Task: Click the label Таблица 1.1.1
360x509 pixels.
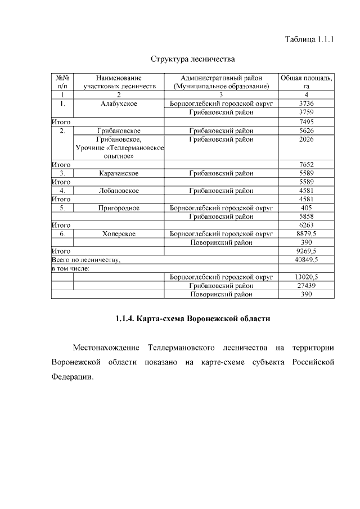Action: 309,39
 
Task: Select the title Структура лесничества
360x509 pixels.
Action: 192,59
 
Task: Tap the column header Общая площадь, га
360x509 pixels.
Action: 307,82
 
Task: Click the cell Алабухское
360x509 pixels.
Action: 119,104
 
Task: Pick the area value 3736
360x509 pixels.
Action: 307,104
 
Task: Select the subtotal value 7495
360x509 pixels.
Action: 307,121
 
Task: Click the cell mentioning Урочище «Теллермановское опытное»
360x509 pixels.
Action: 119,147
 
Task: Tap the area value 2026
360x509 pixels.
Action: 307,139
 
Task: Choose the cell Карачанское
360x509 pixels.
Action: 119,173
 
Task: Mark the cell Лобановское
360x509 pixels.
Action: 119,191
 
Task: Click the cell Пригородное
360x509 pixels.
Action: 119,208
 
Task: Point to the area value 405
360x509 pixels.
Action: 307,208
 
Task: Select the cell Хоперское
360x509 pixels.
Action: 119,234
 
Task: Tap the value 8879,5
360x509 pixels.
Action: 307,234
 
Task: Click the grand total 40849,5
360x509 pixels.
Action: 307,260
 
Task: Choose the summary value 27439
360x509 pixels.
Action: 307,286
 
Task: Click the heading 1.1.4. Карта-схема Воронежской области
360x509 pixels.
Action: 192,319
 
